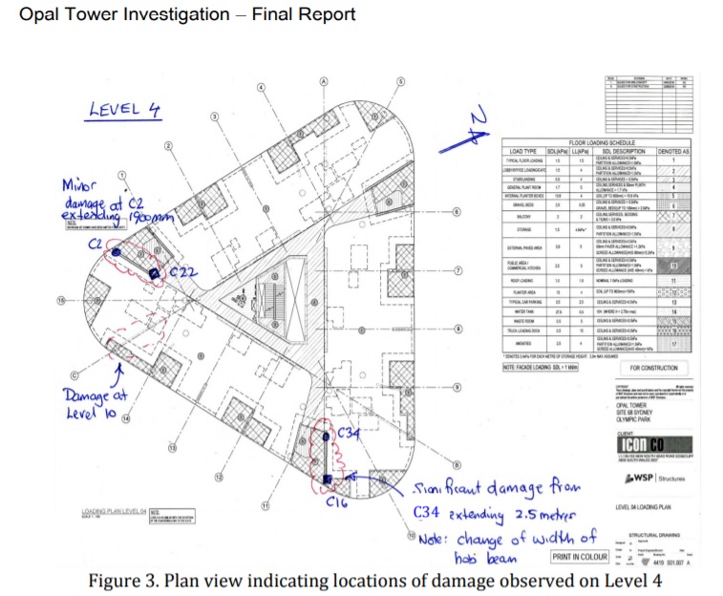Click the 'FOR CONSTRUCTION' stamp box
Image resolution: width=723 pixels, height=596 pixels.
pyautogui.click(x=655, y=368)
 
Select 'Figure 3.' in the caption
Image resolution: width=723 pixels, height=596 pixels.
pyautogui.click(x=121, y=581)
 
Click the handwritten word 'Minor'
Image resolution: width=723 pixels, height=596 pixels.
pyautogui.click(x=83, y=183)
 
